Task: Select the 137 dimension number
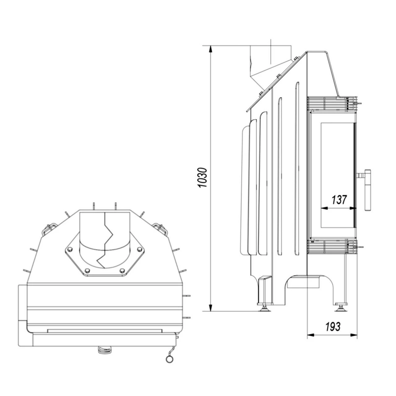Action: [339, 200]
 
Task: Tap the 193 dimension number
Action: [333, 326]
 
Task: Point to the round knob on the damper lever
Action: [170, 359]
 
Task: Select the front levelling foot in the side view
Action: [341, 307]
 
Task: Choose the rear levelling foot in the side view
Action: [265, 307]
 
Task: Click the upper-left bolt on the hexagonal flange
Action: [70, 249]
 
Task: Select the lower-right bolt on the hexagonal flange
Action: [122, 271]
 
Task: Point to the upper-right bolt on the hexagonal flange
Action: [138, 249]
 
